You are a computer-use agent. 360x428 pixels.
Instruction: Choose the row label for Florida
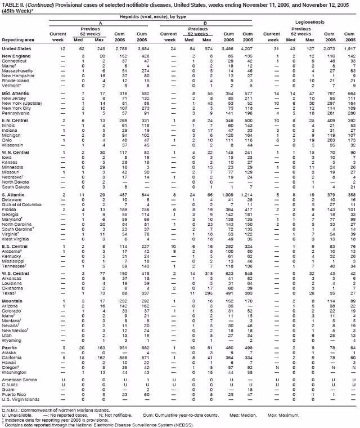tap(10, 211)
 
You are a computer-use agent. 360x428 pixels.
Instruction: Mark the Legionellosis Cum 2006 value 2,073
tap(327, 49)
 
